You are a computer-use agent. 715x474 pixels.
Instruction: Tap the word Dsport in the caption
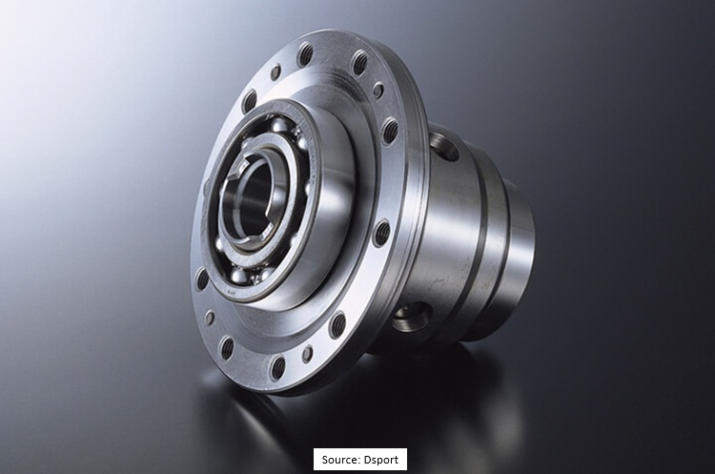tap(383, 459)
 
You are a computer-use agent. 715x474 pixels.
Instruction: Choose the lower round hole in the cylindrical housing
tap(412, 316)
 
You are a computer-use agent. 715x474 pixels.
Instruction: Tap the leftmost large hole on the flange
tap(202, 278)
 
